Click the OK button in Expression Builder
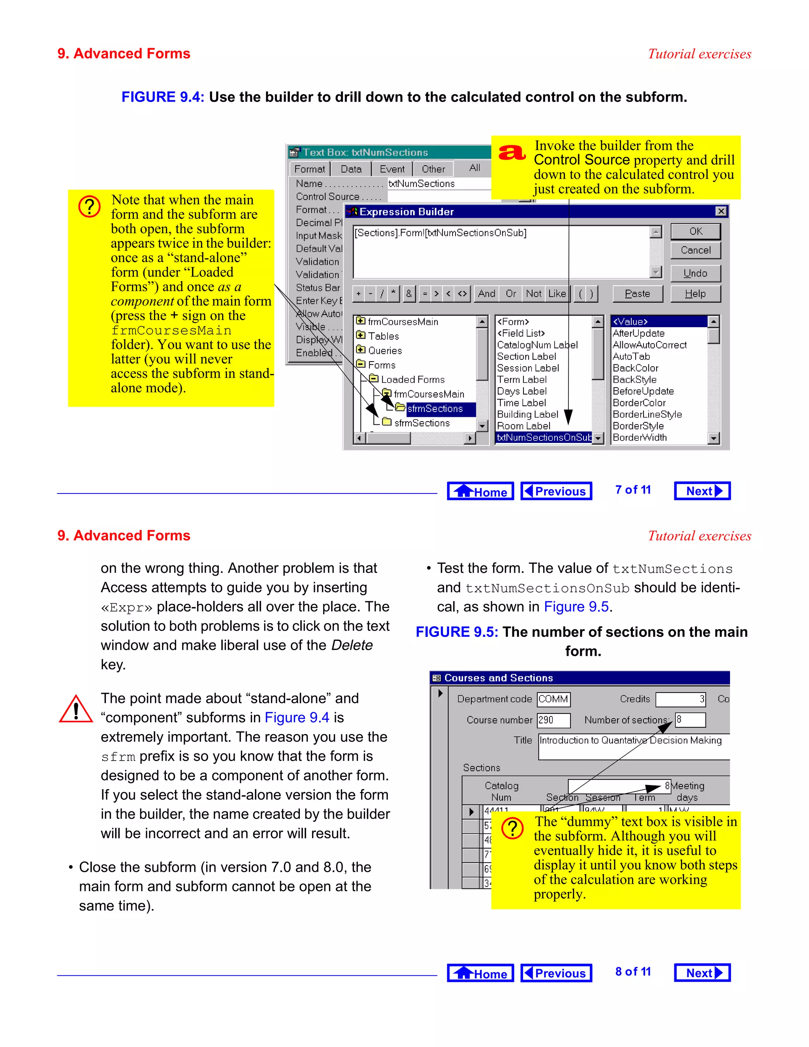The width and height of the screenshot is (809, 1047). point(695,232)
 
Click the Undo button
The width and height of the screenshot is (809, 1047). point(695,273)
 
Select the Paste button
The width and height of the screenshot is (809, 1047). point(638,294)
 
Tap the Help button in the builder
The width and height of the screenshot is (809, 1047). point(695,294)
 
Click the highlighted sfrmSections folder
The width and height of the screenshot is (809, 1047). point(435,409)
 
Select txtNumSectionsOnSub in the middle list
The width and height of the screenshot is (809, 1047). point(544,438)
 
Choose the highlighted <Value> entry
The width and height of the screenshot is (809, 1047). point(658,322)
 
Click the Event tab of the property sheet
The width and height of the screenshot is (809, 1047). point(392,169)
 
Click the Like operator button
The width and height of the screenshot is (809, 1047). point(557,294)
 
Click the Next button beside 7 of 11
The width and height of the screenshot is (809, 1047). point(702,491)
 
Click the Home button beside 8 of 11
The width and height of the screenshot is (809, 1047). point(480,973)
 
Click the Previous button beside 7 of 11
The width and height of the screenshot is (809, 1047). point(556,491)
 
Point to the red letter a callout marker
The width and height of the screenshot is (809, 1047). point(512,153)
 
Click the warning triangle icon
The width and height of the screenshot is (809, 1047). point(76,710)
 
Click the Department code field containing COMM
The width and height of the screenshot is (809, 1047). point(553,699)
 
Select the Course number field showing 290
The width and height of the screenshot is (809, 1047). point(553,720)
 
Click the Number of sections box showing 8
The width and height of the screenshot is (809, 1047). point(690,720)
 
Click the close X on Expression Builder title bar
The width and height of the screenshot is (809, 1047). point(721,211)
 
